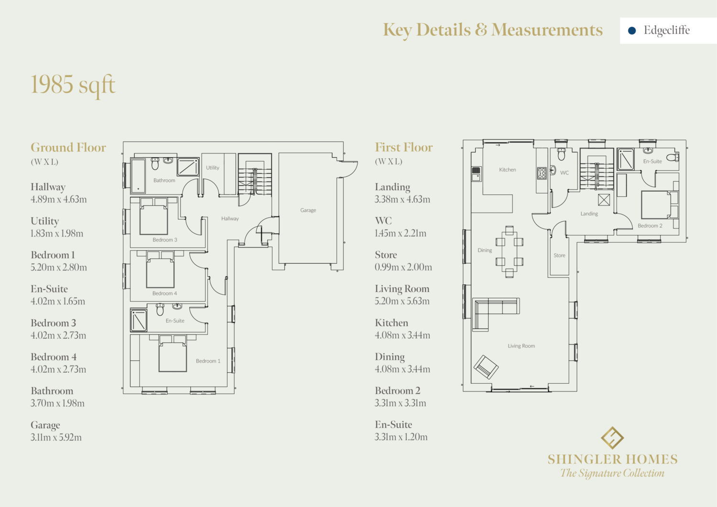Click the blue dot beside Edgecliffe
click(631, 31)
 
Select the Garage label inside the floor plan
click(308, 210)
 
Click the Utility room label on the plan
click(213, 168)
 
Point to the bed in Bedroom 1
click(173, 353)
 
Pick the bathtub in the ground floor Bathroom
click(138, 176)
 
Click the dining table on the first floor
click(509, 251)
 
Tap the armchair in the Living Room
click(486, 367)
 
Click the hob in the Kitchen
click(542, 173)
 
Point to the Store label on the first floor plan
click(559, 256)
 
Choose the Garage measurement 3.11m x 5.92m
click(56, 437)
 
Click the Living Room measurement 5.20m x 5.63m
click(402, 301)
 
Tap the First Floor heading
click(403, 147)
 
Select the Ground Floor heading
click(68, 148)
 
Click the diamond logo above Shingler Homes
click(612, 438)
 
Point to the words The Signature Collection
click(612, 473)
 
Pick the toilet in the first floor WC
click(562, 154)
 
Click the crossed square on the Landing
click(604, 200)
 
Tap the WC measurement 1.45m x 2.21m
click(401, 233)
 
